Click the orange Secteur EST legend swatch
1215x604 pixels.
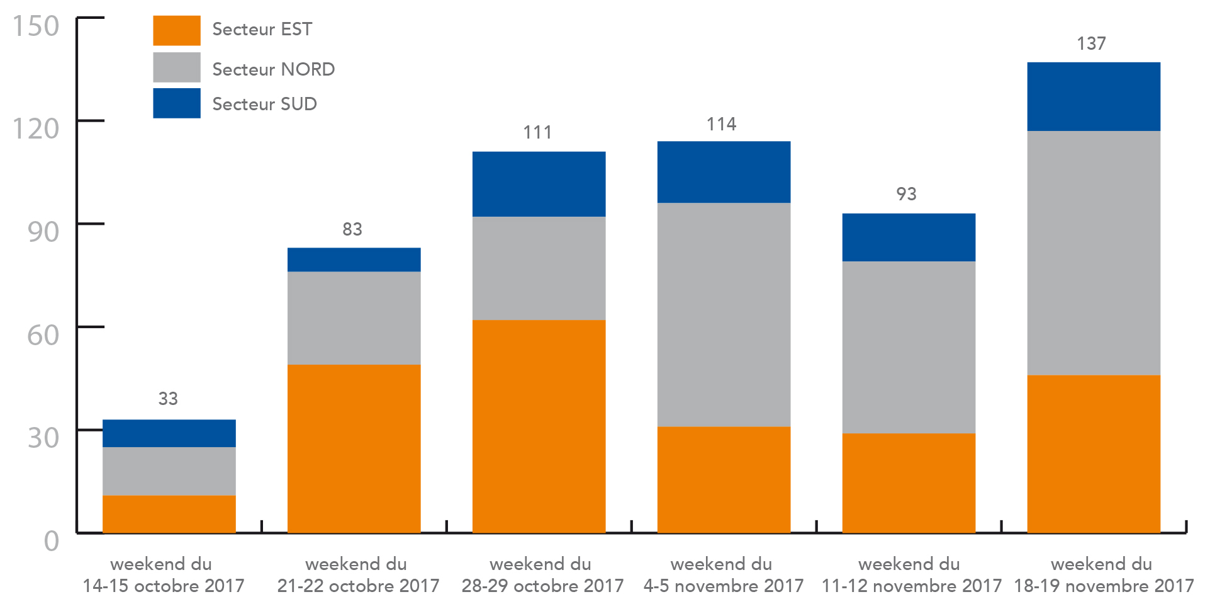177,30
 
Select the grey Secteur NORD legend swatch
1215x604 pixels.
177,67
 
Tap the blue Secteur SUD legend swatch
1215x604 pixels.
177,103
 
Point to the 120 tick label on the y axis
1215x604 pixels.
36,128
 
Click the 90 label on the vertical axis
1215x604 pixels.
43,232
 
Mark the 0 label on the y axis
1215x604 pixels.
52,541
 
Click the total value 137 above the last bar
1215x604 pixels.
1091,43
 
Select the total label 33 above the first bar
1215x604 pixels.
168,399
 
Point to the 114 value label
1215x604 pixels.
721,124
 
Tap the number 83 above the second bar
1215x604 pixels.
352,229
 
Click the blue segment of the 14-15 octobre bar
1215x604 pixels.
169,433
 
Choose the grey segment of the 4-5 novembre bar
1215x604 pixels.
724,315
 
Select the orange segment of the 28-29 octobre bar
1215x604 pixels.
539,426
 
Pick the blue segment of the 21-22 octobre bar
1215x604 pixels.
354,259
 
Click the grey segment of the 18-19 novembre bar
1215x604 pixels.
1094,253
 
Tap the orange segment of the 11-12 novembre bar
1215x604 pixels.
909,483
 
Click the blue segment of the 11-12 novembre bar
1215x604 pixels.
909,237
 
